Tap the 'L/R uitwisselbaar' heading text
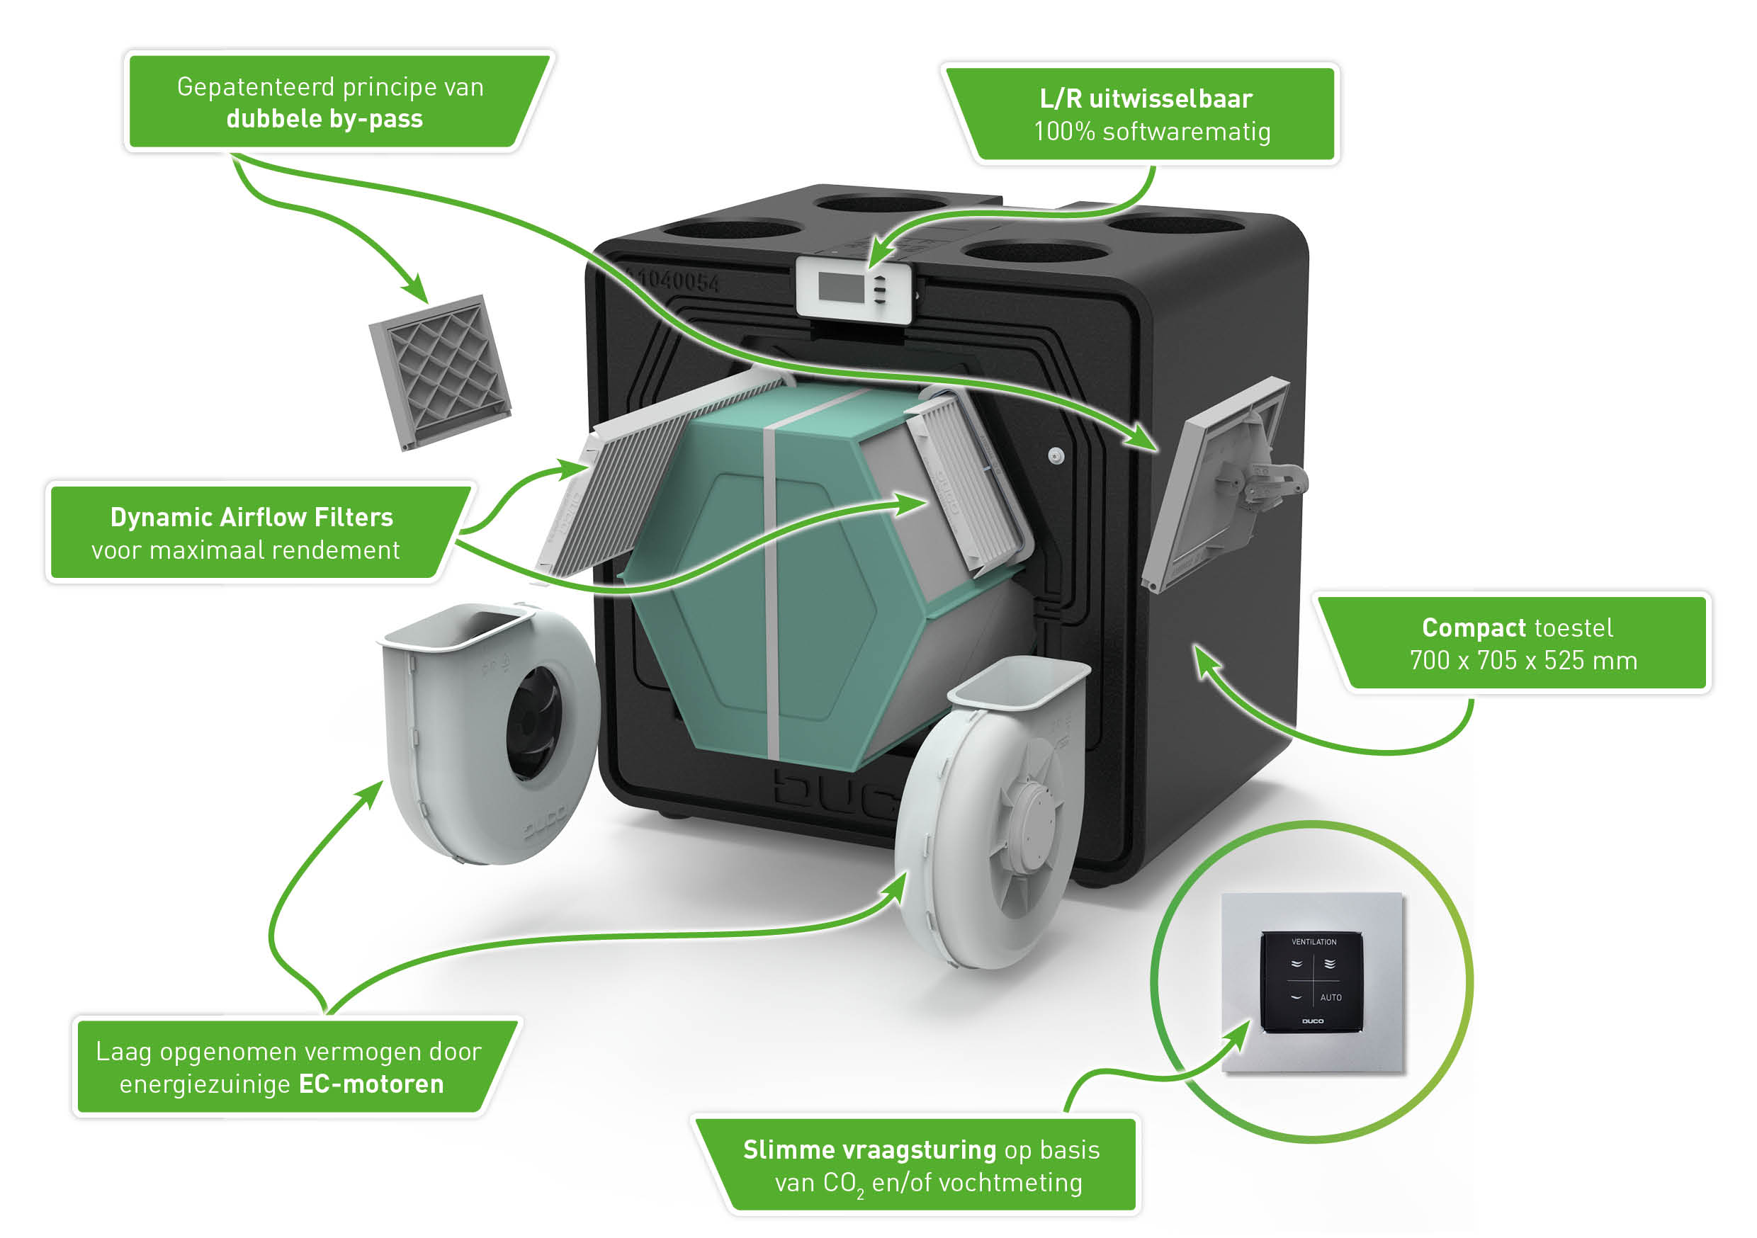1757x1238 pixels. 1146,99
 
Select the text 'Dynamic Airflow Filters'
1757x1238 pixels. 252,518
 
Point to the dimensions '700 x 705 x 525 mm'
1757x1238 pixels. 1522,660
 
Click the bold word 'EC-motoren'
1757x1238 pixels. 371,1084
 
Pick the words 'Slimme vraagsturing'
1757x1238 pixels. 869,1150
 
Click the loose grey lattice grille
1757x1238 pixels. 440,372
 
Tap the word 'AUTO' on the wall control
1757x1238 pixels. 1331,998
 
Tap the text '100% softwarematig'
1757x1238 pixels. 1152,132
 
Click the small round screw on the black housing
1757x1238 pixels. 1056,456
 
